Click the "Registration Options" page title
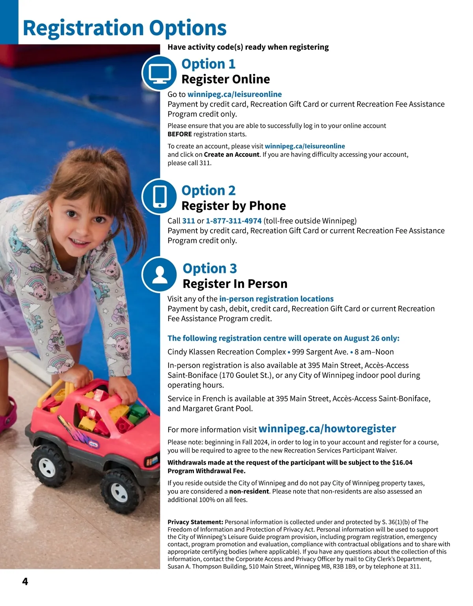click(x=125, y=28)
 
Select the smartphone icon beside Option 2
click(x=159, y=196)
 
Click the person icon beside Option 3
click(x=159, y=275)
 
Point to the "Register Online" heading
click(x=225, y=79)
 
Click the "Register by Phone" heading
click(x=233, y=206)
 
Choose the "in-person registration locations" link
click(x=276, y=299)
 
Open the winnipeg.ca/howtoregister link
click(x=327, y=429)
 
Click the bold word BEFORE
click(x=180, y=134)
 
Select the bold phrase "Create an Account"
click(x=232, y=154)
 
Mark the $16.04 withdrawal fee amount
click(x=402, y=463)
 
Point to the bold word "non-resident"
click(x=249, y=491)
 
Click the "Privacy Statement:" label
click(x=196, y=522)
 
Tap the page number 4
click(x=25, y=582)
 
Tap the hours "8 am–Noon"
click(x=374, y=352)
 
